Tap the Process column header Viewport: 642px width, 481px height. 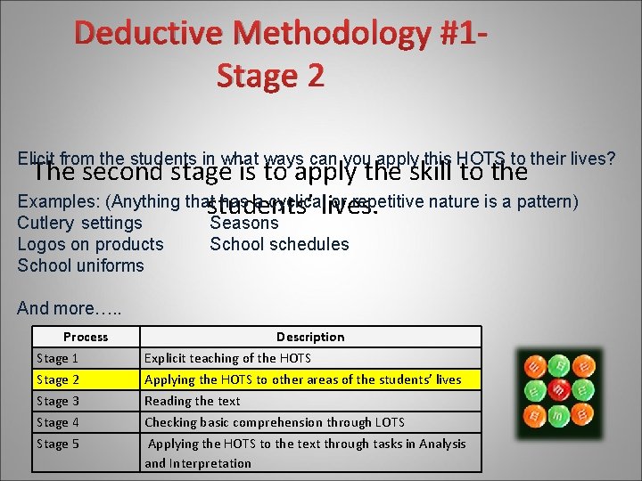click(86, 337)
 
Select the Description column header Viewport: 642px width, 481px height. click(310, 337)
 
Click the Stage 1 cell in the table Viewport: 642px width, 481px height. click(57, 358)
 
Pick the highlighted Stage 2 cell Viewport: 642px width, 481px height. click(57, 379)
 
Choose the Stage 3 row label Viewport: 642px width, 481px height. click(57, 401)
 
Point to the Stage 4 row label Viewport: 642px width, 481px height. click(57, 422)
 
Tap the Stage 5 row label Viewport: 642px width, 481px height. click(57, 444)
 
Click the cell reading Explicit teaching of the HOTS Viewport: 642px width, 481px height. click(227, 358)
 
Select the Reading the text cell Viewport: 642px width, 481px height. click(192, 401)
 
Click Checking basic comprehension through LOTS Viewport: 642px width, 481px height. click(274, 422)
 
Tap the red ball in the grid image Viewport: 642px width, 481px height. click(560, 388)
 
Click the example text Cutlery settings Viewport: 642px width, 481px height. click(79, 223)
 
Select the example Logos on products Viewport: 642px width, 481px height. click(90, 244)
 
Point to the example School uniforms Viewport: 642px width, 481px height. click(80, 265)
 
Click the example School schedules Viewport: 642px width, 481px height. click(279, 244)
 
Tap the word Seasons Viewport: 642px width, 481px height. click(244, 224)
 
